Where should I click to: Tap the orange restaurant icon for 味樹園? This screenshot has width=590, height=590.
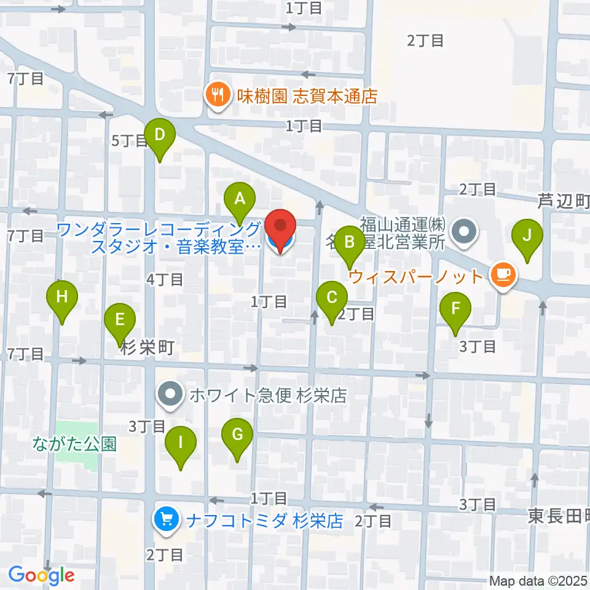216,95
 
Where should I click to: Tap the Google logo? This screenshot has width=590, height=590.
41,575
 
